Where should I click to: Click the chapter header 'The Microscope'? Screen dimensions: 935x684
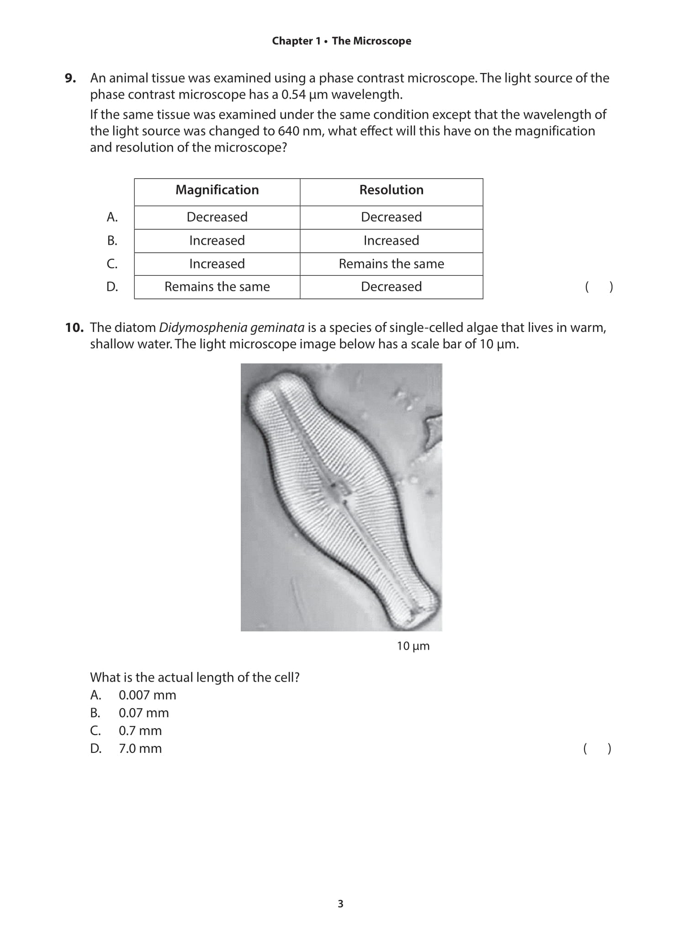[x=371, y=41]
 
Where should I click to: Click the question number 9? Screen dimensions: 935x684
[x=70, y=78]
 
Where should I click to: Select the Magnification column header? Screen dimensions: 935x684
[x=217, y=190]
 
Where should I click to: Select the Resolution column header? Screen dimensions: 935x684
[x=391, y=190]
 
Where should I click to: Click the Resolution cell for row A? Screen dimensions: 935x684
[x=391, y=217]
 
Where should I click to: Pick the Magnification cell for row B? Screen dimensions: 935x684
[x=217, y=241]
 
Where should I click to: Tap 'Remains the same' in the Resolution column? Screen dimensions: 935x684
[x=391, y=264]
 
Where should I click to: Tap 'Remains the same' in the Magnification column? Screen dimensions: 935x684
[x=217, y=287]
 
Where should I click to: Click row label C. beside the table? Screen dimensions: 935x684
[x=112, y=264]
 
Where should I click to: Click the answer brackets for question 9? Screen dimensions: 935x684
[x=599, y=287]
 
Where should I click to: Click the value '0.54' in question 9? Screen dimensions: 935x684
[x=293, y=95]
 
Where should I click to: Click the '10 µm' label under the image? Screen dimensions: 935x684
[x=413, y=646]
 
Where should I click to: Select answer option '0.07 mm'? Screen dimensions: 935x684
[x=143, y=713]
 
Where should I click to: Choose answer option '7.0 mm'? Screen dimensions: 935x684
[x=140, y=748]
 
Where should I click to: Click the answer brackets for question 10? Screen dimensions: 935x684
[x=597, y=749]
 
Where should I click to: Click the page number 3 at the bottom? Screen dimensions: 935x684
[x=340, y=903]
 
